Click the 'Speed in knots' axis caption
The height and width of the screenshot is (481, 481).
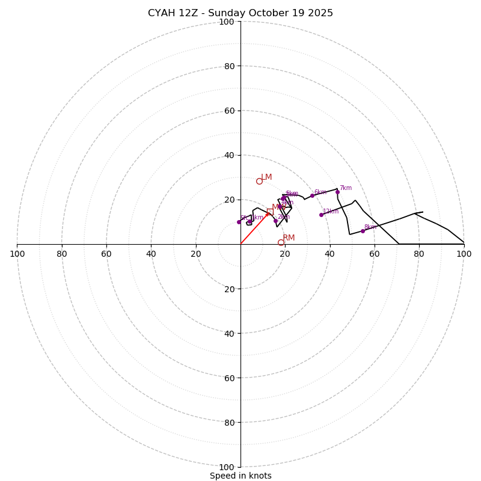pyautogui.click(x=240, y=476)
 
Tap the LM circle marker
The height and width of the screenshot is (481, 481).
pyautogui.click(x=259, y=181)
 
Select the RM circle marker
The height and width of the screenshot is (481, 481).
pyautogui.click(x=281, y=242)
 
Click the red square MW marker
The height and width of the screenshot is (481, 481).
pyautogui.click(x=270, y=211)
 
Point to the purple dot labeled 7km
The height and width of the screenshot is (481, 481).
pyautogui.click(x=337, y=192)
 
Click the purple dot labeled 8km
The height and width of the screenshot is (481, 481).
pyautogui.click(x=363, y=231)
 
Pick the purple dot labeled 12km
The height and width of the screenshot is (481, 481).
pyautogui.click(x=321, y=215)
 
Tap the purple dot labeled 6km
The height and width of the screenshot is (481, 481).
pyautogui.click(x=312, y=195)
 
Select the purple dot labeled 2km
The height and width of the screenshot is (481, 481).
pyautogui.click(x=275, y=221)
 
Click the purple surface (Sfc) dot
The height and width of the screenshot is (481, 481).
pyautogui.click(x=239, y=222)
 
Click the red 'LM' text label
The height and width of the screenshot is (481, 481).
pyautogui.click(x=266, y=177)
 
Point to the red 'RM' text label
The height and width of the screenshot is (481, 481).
pyautogui.click(x=289, y=238)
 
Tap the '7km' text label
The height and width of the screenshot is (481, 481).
pyautogui.click(x=346, y=188)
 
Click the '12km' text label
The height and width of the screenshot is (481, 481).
pyautogui.click(x=331, y=212)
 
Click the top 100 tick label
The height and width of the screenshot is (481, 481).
pyautogui.click(x=227, y=22)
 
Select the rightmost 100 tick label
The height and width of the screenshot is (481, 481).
pyautogui.click(x=464, y=254)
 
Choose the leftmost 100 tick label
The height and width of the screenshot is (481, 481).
pyautogui.click(x=17, y=254)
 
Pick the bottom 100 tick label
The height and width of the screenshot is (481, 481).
pyautogui.click(x=227, y=467)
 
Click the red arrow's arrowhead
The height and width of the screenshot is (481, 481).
pyautogui.click(x=268, y=213)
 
